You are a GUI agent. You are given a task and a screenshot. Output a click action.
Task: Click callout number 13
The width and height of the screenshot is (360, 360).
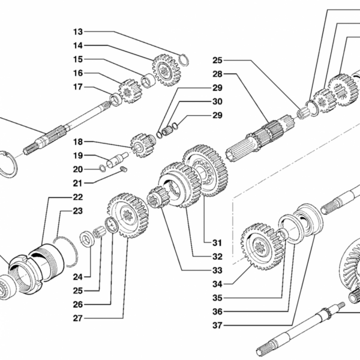(x=79, y=31)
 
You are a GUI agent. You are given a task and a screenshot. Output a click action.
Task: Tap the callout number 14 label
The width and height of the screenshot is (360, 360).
(x=79, y=46)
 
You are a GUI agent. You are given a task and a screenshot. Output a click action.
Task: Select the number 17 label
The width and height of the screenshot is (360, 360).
(x=79, y=87)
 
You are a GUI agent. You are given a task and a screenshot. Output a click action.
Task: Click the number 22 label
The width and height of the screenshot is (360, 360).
(x=79, y=197)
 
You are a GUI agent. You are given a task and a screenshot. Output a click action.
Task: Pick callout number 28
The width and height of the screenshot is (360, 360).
(x=217, y=74)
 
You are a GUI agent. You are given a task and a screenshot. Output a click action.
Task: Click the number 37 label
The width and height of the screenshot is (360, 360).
(x=217, y=326)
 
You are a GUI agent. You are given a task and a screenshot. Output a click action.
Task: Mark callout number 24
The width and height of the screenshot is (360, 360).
(x=79, y=277)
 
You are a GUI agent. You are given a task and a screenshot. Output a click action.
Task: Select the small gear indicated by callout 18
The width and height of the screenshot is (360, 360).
(x=143, y=145)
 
